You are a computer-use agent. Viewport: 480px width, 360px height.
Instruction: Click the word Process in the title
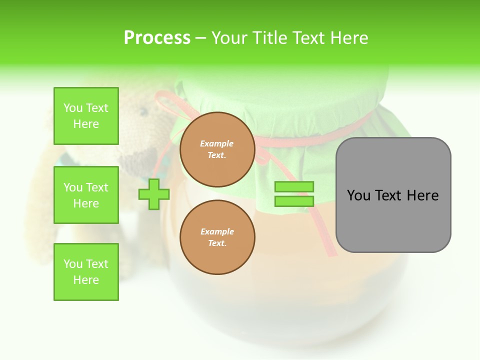tap(157, 38)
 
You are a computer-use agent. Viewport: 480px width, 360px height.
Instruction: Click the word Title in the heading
tap(266, 38)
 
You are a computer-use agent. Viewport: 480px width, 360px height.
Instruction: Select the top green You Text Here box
tap(86, 116)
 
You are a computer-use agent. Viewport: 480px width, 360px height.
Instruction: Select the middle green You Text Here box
tap(86, 195)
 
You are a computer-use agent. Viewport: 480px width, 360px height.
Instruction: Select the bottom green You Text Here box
tap(86, 272)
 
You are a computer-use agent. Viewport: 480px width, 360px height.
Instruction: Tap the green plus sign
tap(153, 194)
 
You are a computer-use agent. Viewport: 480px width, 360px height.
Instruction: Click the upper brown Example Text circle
tap(217, 149)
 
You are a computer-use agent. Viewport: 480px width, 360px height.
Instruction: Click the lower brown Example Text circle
tap(217, 237)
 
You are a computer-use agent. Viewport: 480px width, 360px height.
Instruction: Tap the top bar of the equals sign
tap(294, 187)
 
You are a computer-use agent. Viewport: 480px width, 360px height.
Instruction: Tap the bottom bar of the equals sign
tap(294, 201)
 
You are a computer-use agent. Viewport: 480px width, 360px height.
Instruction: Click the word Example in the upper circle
tap(217, 143)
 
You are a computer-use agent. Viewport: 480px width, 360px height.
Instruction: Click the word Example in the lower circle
tap(217, 231)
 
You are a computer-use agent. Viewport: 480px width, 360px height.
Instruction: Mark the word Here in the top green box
tap(86, 124)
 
